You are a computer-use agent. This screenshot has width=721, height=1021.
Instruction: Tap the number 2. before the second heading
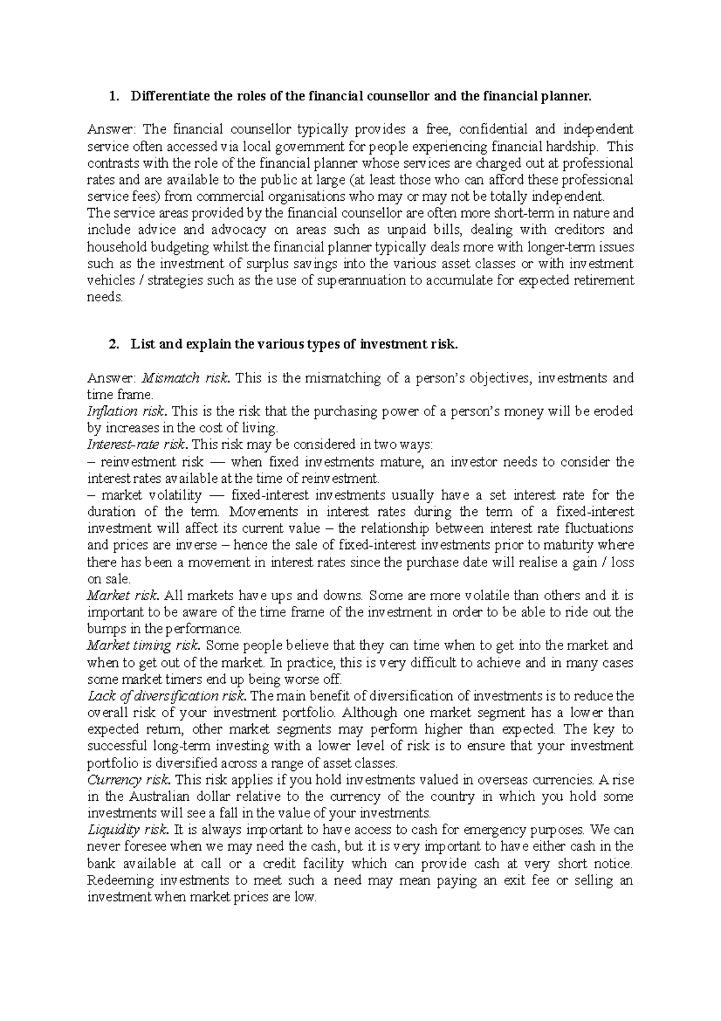pyautogui.click(x=112, y=345)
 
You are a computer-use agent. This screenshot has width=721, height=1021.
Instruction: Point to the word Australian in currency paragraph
pyautogui.click(x=159, y=797)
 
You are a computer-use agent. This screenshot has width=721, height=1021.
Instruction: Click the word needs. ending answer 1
pyautogui.click(x=105, y=297)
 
